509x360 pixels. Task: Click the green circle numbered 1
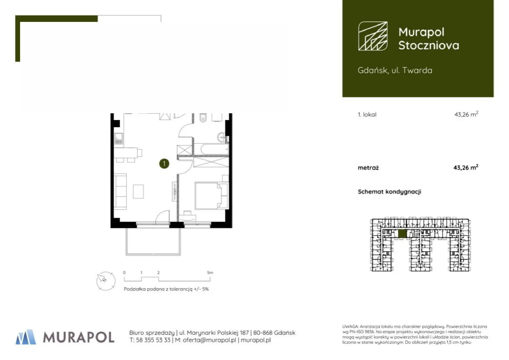(x=164, y=163)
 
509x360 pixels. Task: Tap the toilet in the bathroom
(x=203, y=117)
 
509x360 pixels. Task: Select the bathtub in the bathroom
(x=214, y=149)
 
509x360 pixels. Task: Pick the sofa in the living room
(x=120, y=191)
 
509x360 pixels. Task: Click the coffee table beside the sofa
(x=138, y=191)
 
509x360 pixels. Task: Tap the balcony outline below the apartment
(x=153, y=254)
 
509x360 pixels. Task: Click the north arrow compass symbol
(x=106, y=281)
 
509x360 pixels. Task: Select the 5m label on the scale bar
(x=210, y=273)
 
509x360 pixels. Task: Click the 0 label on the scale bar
(x=124, y=273)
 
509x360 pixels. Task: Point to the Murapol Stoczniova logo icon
(x=373, y=36)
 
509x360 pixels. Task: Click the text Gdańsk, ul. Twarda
(x=395, y=70)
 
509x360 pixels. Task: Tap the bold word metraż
(x=368, y=168)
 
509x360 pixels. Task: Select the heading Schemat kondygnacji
(x=389, y=192)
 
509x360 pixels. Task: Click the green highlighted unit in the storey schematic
(x=402, y=234)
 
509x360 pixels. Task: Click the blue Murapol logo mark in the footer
(x=26, y=337)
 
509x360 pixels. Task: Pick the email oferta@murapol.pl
(x=209, y=340)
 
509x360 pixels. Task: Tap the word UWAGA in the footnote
(x=350, y=327)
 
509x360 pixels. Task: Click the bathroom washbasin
(x=221, y=137)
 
